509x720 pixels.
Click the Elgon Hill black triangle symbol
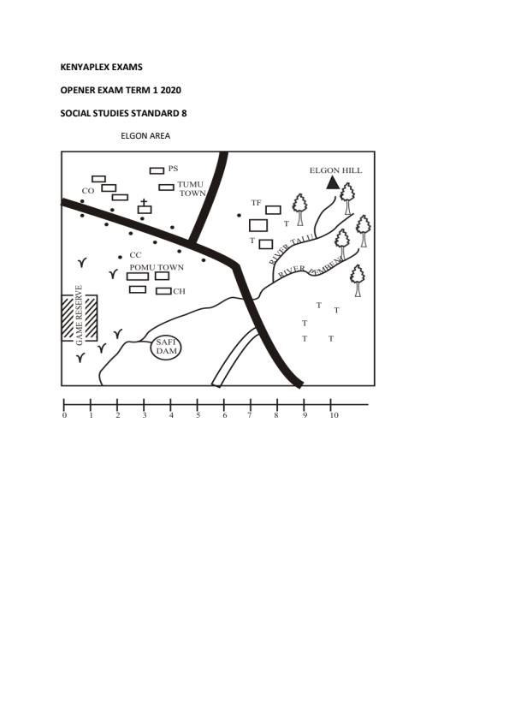[333, 183]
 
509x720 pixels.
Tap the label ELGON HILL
[335, 170]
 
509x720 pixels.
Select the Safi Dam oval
[166, 347]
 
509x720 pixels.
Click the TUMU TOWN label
[192, 188]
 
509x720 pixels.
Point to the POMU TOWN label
[157, 267]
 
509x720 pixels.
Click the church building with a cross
[145, 207]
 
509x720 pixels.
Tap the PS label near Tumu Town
[173, 169]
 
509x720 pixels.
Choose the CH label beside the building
[179, 291]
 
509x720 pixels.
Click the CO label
[87, 191]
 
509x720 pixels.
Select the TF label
[256, 203]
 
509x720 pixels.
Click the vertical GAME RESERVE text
[80, 315]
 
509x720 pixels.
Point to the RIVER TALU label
[292, 249]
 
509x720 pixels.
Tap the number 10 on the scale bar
[334, 415]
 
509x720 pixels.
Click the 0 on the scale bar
[64, 415]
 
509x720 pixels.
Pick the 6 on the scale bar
[224, 415]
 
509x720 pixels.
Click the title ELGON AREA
[145, 136]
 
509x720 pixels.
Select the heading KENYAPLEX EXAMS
[102, 67]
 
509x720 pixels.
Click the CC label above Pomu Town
[135, 255]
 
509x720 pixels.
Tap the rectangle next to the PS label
[157, 171]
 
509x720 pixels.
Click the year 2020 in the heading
[171, 90]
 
